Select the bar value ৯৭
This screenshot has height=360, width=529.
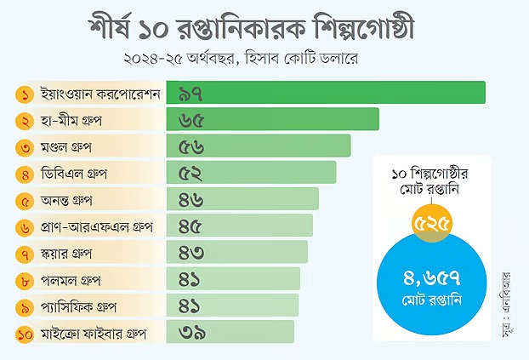(x=196, y=92)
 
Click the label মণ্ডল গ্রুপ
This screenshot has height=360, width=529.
(x=66, y=147)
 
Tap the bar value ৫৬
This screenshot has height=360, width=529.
(x=192, y=146)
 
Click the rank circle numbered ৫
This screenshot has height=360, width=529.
(x=26, y=201)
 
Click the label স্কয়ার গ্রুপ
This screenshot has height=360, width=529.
(x=66, y=254)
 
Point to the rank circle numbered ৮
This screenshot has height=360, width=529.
(x=26, y=280)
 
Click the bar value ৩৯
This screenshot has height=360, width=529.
(x=192, y=333)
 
